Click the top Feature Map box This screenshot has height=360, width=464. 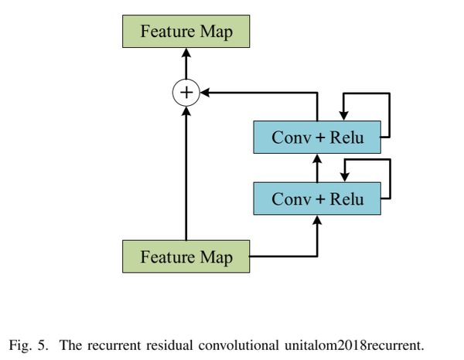[x=186, y=32]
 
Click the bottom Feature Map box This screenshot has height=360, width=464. [x=186, y=256]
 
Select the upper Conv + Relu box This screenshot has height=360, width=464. [x=317, y=138]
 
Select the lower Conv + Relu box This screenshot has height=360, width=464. [x=317, y=199]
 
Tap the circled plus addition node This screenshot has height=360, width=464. [x=186, y=93]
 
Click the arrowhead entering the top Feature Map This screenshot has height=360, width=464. [x=186, y=53]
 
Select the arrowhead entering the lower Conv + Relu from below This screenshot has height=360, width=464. [x=317, y=219]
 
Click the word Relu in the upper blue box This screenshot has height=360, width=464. [x=346, y=138]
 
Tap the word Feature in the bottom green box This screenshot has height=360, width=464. [x=166, y=256]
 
